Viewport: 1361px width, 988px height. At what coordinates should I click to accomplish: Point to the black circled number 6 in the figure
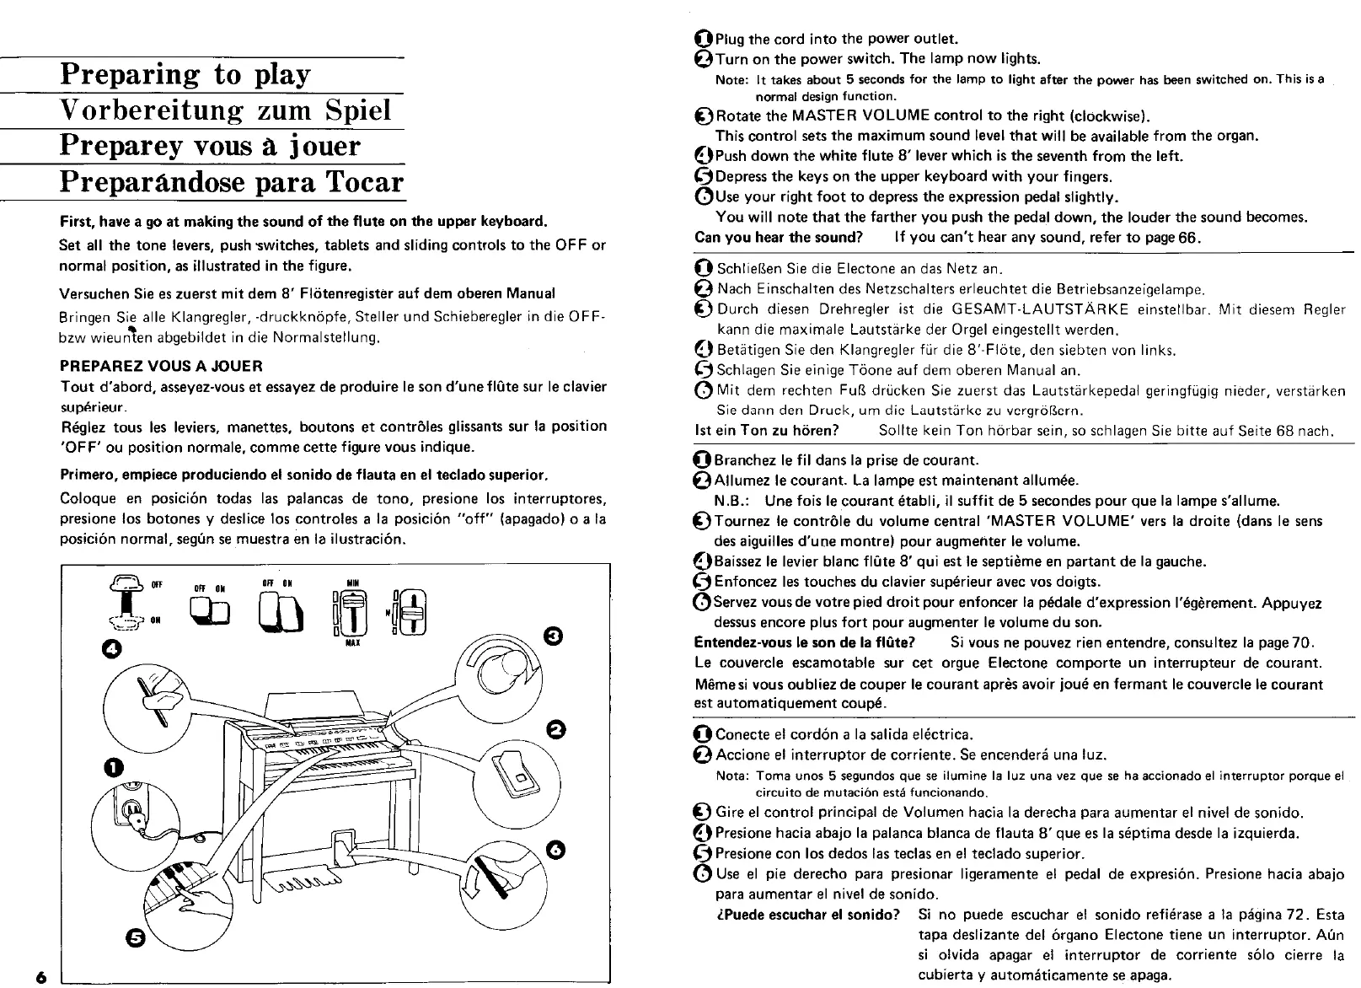(x=554, y=849)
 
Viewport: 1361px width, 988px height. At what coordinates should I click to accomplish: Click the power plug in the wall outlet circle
(x=136, y=811)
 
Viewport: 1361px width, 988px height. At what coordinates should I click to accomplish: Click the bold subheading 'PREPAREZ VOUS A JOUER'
(x=162, y=366)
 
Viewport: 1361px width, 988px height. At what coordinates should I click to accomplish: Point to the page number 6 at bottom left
(x=40, y=976)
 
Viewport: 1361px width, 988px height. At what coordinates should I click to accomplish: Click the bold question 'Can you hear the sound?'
(x=779, y=237)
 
